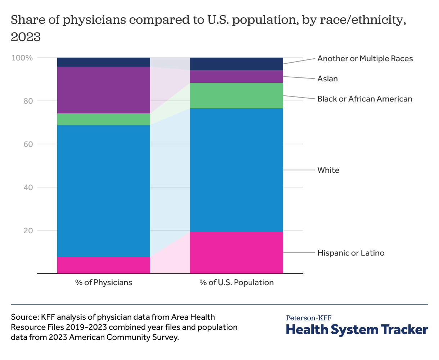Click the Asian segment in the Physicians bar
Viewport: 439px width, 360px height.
(x=104, y=90)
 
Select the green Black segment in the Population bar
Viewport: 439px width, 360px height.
(x=236, y=95)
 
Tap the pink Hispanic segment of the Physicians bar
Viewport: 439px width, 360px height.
(x=104, y=265)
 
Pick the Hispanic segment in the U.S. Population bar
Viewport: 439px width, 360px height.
(x=236, y=252)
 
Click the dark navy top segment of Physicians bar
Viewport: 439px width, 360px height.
(x=104, y=62)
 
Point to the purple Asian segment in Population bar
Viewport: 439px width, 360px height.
(x=236, y=76)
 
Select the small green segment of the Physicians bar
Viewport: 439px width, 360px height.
(x=104, y=119)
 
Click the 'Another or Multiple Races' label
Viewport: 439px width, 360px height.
(x=365, y=58)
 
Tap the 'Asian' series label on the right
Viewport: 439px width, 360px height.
(x=327, y=78)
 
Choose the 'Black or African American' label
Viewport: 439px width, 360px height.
(x=365, y=99)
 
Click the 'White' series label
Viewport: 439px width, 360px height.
(x=328, y=170)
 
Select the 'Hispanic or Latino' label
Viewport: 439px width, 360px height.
(x=351, y=253)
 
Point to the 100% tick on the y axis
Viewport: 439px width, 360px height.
(x=22, y=58)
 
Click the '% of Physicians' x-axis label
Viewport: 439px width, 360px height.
(x=104, y=282)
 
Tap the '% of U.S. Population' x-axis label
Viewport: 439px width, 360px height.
(x=236, y=282)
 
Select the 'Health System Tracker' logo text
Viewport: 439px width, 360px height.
(x=357, y=329)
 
